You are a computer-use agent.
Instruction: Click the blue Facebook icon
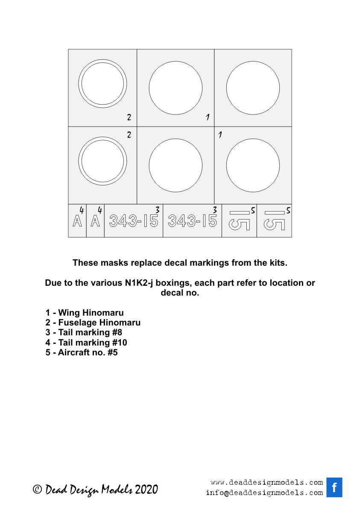[x=334, y=487]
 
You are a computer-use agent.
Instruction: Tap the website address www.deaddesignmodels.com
[x=266, y=483]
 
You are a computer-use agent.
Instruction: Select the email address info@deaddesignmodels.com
[x=264, y=493]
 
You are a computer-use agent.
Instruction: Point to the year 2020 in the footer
[x=146, y=489]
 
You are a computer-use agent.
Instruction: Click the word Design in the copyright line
[x=84, y=489]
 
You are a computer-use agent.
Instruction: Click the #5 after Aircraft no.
[x=112, y=353]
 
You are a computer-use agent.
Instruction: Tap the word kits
[x=278, y=263]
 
